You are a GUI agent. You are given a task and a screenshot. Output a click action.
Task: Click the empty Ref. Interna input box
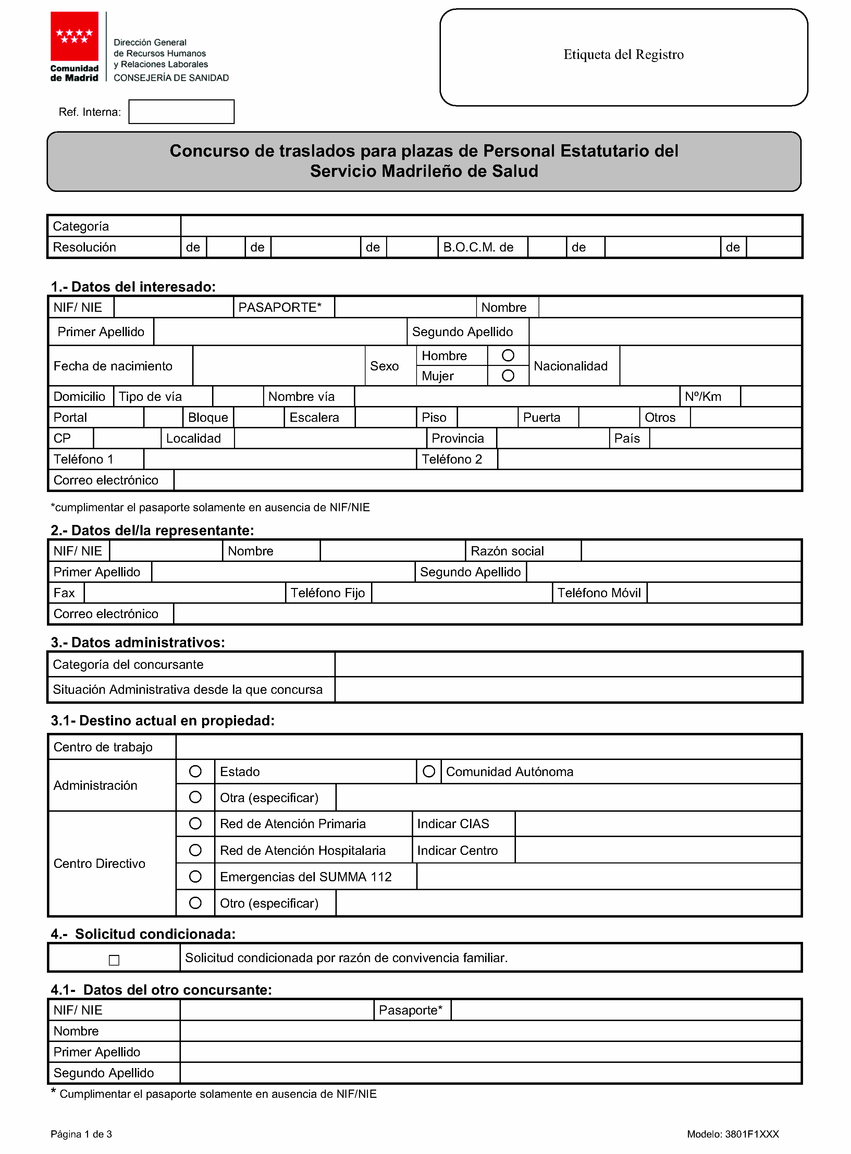181,112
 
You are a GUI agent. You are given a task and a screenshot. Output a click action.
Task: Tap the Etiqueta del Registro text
623,54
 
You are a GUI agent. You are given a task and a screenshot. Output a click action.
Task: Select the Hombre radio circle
508,355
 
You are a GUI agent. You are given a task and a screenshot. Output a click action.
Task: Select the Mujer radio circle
508,376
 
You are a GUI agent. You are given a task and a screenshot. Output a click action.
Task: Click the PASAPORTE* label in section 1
280,308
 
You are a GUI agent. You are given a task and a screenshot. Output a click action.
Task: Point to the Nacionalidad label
571,366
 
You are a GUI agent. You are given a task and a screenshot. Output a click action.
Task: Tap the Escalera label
314,417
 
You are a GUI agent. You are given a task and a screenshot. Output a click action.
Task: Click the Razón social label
507,551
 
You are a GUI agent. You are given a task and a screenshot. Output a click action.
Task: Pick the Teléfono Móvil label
599,593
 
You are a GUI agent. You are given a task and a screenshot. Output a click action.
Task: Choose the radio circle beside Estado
195,771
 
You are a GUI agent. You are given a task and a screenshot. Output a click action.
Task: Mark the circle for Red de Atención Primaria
195,823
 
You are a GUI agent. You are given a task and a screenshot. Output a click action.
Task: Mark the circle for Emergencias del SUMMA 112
195,876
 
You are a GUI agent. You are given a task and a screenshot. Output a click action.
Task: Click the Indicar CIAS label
453,824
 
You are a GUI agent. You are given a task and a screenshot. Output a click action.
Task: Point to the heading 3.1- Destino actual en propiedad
163,720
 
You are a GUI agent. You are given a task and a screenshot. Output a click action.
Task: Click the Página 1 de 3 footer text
82,1134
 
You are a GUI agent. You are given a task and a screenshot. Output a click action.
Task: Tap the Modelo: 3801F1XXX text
732,1134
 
